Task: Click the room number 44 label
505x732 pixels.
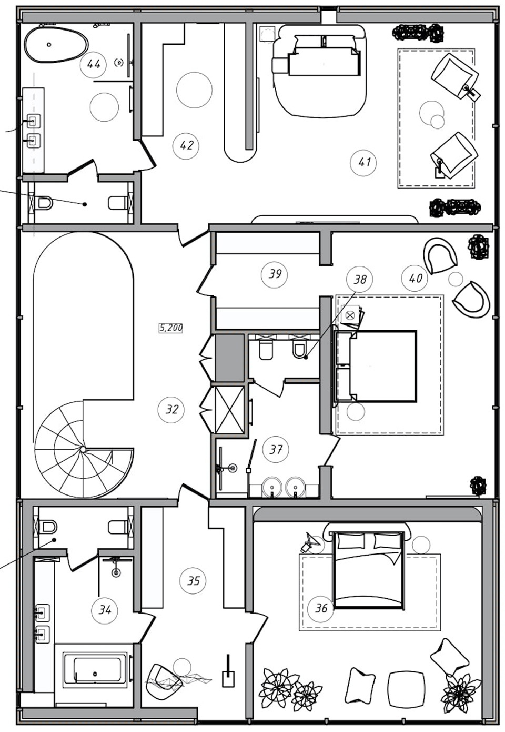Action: pyautogui.click(x=94, y=64)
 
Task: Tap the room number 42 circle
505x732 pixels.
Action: pyautogui.click(x=186, y=145)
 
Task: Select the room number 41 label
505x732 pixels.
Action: pyautogui.click(x=363, y=162)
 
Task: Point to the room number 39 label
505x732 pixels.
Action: pyautogui.click(x=275, y=274)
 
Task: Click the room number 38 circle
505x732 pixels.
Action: pyautogui.click(x=360, y=280)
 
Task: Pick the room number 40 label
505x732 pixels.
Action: pyautogui.click(x=415, y=278)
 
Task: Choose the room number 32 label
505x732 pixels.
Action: pyautogui.click(x=171, y=410)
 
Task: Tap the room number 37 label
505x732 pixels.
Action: pyautogui.click(x=276, y=450)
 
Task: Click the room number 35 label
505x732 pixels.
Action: pyautogui.click(x=193, y=580)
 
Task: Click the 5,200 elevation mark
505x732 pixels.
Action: pyautogui.click(x=171, y=328)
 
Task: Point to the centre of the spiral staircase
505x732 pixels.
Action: pyautogui.click(x=83, y=450)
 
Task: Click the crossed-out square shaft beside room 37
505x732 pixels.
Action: pyautogui.click(x=230, y=410)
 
